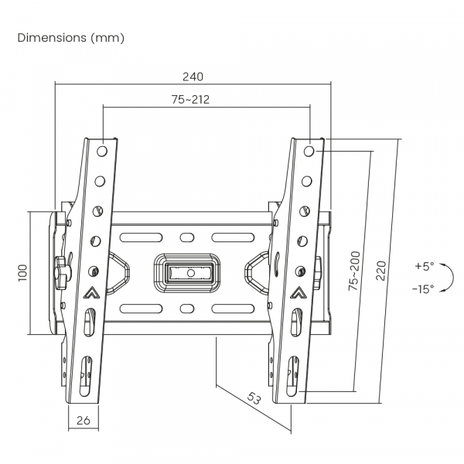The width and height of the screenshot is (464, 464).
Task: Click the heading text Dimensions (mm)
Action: (70, 37)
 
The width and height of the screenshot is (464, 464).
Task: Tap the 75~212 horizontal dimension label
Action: (191, 99)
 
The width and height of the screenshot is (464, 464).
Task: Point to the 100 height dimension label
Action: (22, 272)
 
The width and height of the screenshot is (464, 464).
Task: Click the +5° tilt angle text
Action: (424, 266)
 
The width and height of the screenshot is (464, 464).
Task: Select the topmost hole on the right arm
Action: (309, 151)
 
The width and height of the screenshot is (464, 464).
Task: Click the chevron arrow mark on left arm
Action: (91, 294)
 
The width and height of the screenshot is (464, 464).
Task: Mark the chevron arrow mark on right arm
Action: (297, 294)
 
